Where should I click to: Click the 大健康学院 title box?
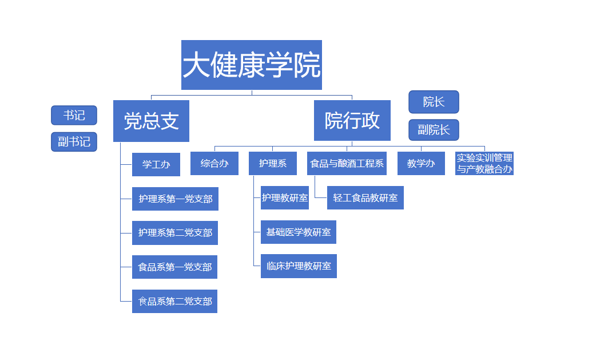(x=252, y=65)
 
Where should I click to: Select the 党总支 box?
(x=151, y=121)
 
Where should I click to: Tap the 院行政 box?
(x=352, y=120)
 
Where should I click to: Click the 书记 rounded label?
(x=74, y=115)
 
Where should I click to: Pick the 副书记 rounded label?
(x=74, y=141)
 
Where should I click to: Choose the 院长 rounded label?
(x=434, y=102)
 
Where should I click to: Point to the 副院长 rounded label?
(x=434, y=130)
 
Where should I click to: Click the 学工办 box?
(x=156, y=164)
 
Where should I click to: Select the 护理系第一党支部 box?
(x=175, y=199)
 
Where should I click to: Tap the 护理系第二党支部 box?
(x=175, y=233)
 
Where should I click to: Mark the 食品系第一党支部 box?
(x=174, y=267)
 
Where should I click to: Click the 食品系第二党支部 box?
(x=174, y=301)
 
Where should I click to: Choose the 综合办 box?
(x=214, y=163)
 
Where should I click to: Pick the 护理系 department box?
(x=273, y=163)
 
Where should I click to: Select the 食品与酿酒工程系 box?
(x=347, y=163)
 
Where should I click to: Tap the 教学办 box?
(x=421, y=163)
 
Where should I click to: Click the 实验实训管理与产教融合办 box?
(x=484, y=163)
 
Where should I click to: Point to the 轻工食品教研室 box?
(x=365, y=197)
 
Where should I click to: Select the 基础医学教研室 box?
(x=298, y=232)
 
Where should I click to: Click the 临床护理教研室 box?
(x=299, y=266)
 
